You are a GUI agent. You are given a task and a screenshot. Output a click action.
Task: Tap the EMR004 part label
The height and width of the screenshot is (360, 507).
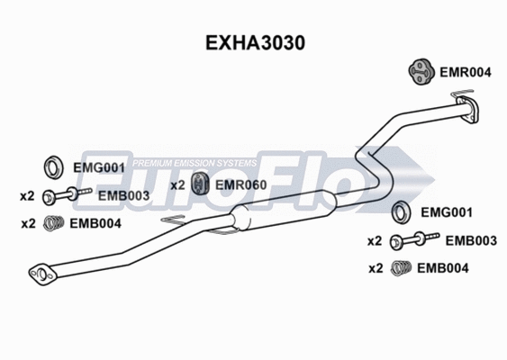[x=464, y=74]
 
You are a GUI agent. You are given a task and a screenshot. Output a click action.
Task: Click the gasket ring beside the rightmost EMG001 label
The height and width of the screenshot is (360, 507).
[x=404, y=213]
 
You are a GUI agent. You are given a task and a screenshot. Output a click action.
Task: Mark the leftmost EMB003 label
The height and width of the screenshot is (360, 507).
[x=122, y=195]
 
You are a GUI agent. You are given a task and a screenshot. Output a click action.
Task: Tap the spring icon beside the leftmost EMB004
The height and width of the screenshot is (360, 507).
[x=56, y=224]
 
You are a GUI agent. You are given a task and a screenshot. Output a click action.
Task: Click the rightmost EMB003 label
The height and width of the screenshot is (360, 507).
[x=471, y=240]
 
